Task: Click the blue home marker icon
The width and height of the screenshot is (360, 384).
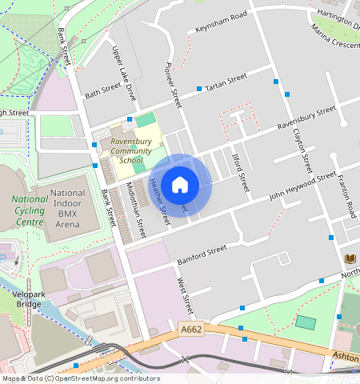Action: (x=180, y=185)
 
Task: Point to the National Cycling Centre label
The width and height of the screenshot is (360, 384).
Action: (x=30, y=210)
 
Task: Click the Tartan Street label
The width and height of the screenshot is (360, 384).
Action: (x=226, y=82)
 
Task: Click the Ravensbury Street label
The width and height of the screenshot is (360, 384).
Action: (x=306, y=116)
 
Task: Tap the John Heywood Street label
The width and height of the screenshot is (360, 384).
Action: (x=302, y=185)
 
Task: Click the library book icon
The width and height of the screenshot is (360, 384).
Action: (x=350, y=258)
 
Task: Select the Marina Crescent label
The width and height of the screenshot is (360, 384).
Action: (x=335, y=37)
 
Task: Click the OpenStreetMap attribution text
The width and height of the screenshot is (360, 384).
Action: (x=80, y=378)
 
